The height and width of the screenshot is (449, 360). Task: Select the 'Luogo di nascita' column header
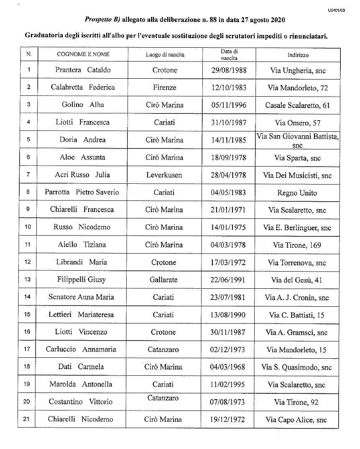165,55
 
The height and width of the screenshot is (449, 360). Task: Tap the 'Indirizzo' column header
298,55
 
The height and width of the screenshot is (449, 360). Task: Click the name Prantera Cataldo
83,70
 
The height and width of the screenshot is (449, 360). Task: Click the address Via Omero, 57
297,123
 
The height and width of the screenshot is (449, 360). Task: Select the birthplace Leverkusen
164,175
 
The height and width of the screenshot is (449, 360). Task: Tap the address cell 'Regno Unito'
297,193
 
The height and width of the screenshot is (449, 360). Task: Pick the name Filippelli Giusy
81,280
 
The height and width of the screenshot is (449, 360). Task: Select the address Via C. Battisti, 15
297,315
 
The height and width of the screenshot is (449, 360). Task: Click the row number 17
28,349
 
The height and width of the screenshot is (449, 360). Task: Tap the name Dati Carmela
81,367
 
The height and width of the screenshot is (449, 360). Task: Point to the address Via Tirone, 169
297,245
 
